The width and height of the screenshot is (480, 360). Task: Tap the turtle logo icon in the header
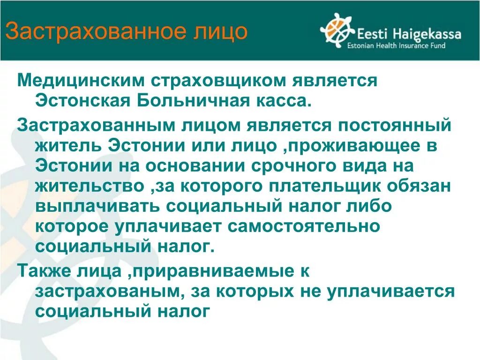337,30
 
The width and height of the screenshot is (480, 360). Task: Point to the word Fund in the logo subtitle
436,46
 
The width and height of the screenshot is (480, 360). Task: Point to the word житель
68,145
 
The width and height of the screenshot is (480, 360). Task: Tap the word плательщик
325,186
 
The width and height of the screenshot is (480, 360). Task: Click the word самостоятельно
303,226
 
